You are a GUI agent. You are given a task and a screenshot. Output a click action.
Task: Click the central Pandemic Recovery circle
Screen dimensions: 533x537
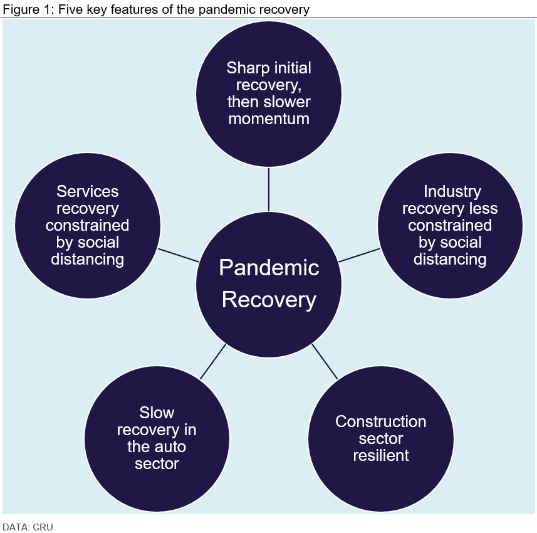269,283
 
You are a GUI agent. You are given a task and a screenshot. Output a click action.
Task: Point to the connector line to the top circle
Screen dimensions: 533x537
269,189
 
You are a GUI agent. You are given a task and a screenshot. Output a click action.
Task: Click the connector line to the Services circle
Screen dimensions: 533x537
179,255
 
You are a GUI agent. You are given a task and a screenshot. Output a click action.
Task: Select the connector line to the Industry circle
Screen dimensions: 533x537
359,255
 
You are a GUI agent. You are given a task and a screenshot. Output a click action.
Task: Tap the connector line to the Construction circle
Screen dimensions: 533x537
325,361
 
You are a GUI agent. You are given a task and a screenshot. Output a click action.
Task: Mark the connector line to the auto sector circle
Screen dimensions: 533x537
213,361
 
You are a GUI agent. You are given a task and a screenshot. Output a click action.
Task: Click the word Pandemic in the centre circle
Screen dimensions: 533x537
269,268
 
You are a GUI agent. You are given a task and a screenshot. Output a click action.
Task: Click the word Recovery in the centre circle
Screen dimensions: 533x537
269,300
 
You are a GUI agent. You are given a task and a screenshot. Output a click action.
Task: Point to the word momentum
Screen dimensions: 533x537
269,119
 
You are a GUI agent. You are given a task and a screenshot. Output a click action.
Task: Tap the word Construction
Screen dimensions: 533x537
381,421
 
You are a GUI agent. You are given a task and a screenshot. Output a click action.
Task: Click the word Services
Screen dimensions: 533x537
87,191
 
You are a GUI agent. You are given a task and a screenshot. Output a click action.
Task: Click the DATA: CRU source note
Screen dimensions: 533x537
28,527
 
